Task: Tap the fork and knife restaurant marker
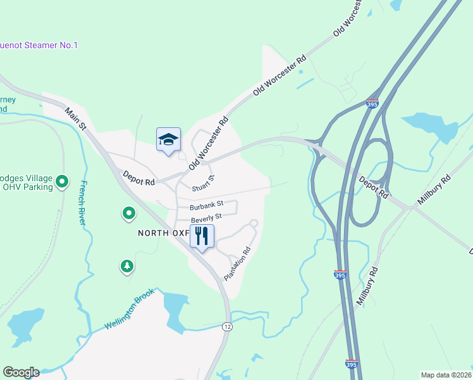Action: pos(202,237)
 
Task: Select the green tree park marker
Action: pos(127,266)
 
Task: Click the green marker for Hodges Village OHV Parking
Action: pos(62,182)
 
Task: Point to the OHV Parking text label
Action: pos(25,187)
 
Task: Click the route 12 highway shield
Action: pos(227,326)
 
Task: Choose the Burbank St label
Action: pos(206,205)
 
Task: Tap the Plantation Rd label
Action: pos(238,263)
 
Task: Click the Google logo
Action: pos(21,372)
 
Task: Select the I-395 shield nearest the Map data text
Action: pos(352,364)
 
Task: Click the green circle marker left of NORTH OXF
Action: pos(128,213)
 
